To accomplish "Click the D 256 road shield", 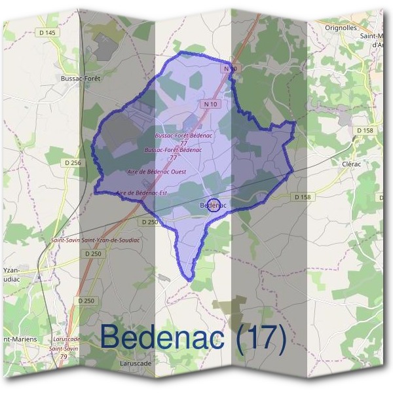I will [x=73, y=162].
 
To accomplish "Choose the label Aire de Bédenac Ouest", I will [x=156, y=172].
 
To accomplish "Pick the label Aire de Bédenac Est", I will [x=141, y=193].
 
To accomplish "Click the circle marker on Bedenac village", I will [x=214, y=204].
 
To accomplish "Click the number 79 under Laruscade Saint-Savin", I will [x=64, y=356].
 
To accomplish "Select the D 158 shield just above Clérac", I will [x=365, y=130].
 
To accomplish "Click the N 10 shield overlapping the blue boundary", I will [x=229, y=68].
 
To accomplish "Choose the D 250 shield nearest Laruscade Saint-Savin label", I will [x=86, y=300].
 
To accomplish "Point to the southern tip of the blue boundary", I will [x=190, y=280].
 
